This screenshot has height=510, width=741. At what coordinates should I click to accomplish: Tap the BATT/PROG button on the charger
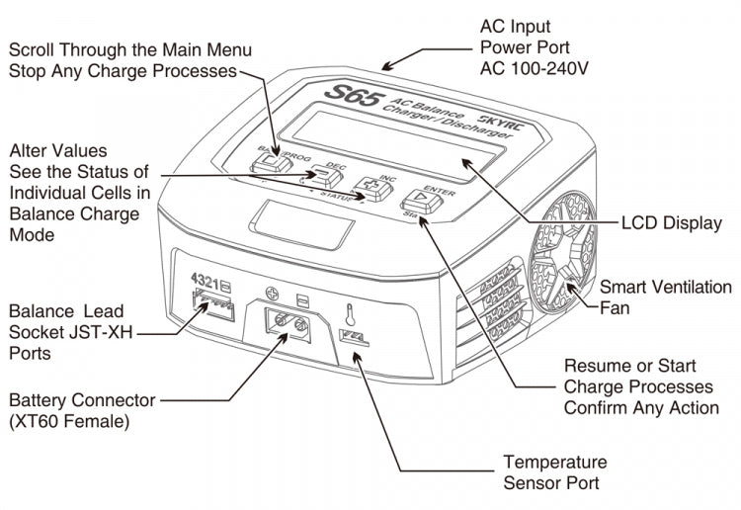coord(267,160)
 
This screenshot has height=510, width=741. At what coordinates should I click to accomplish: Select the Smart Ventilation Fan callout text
coord(651,297)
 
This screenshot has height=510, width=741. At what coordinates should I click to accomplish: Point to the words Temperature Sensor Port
coord(556,472)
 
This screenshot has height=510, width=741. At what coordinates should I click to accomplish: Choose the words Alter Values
coord(57,152)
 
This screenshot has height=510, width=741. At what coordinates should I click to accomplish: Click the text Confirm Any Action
coord(641,407)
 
